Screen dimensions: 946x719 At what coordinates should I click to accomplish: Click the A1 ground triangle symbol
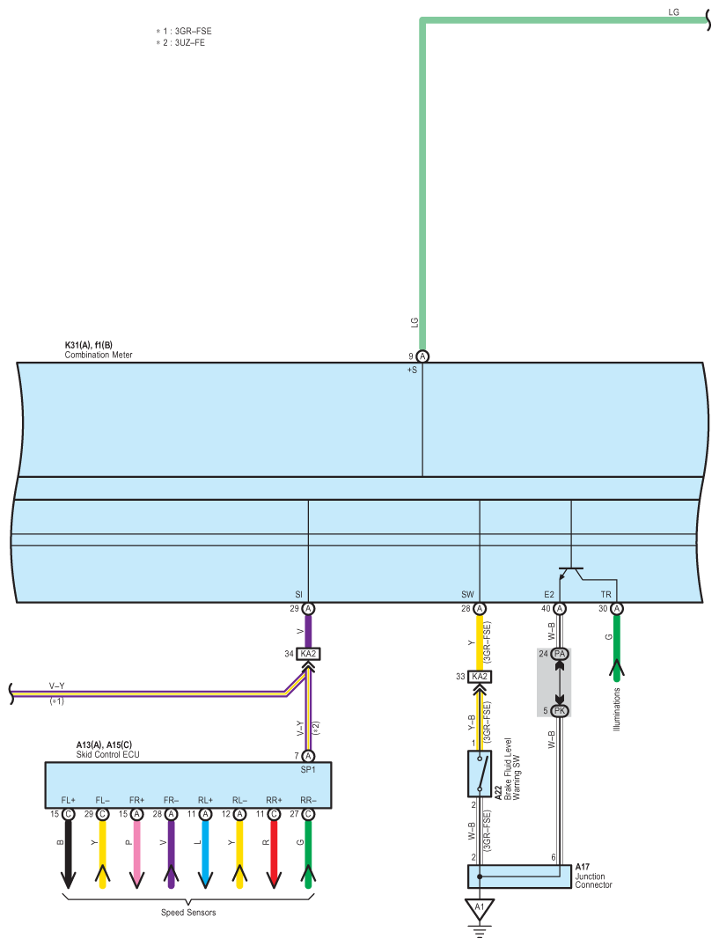point(480,906)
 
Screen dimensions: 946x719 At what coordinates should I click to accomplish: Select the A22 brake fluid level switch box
point(480,774)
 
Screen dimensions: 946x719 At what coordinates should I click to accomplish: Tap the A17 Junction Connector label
point(593,876)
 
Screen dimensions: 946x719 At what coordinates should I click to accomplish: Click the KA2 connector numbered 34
point(308,654)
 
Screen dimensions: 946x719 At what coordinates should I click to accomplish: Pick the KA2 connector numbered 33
point(480,677)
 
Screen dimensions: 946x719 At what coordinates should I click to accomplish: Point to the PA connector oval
point(560,654)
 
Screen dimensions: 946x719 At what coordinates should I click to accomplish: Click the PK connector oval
point(560,710)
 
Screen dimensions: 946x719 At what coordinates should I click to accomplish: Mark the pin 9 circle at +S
point(422,356)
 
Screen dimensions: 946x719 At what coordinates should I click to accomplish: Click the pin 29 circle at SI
point(308,609)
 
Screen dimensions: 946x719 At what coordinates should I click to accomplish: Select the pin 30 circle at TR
point(617,609)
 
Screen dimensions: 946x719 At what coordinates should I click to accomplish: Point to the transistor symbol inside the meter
point(571,573)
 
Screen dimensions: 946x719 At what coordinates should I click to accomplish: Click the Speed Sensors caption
point(188,913)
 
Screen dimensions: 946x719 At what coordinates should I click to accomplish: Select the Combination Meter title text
point(99,355)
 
